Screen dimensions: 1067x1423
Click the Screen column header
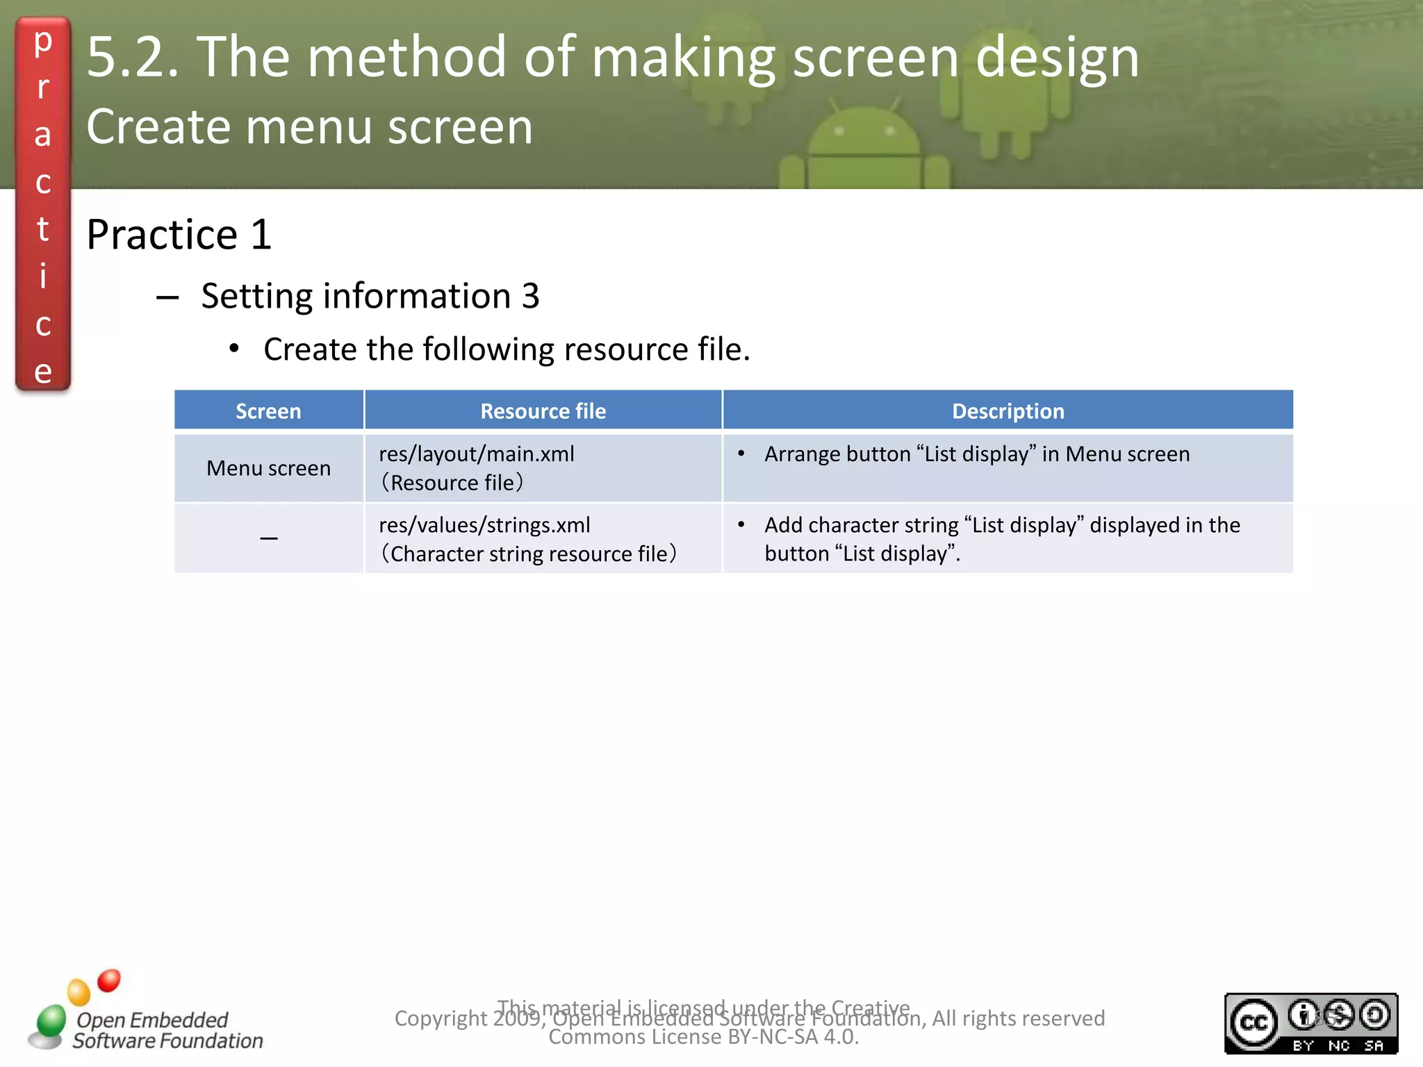click(x=268, y=411)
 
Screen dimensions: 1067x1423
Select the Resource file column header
click(x=543, y=411)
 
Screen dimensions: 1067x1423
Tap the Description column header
click(x=1007, y=411)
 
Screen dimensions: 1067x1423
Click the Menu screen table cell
click(x=268, y=468)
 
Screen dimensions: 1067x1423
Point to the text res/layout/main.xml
click(x=477, y=454)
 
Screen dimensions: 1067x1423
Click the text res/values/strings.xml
click(x=484, y=525)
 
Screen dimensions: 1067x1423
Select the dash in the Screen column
click(x=268, y=538)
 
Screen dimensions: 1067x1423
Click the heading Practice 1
click(x=179, y=235)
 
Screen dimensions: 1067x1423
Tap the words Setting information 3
click(x=370, y=297)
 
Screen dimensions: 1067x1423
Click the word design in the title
click(x=1057, y=58)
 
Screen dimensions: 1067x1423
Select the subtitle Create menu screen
click(x=309, y=128)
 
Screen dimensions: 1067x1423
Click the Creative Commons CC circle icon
click(x=1253, y=1023)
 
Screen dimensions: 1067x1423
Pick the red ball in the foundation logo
click(x=109, y=981)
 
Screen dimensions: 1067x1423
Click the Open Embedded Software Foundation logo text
click(x=167, y=1030)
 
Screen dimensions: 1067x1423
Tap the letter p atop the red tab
click(x=43, y=42)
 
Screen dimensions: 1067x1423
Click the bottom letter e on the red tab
click(x=43, y=372)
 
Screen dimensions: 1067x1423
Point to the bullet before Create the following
click(x=234, y=349)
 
